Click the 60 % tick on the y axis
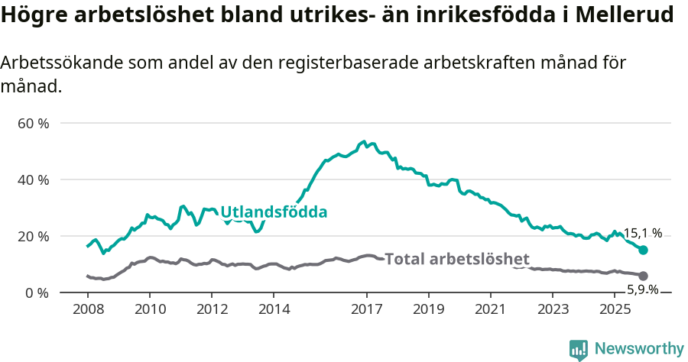[x=33, y=123]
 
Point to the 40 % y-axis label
[x=33, y=179]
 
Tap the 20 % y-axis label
[x=33, y=236]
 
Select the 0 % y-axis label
[x=36, y=293]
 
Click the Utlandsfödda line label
[x=274, y=212]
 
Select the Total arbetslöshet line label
[x=457, y=259]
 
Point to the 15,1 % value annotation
[x=643, y=234]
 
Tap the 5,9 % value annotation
[x=643, y=289]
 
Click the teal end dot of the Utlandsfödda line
[x=644, y=250]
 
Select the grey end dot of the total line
[x=644, y=276]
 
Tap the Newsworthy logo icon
[x=579, y=350]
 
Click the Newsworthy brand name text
[x=639, y=349]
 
